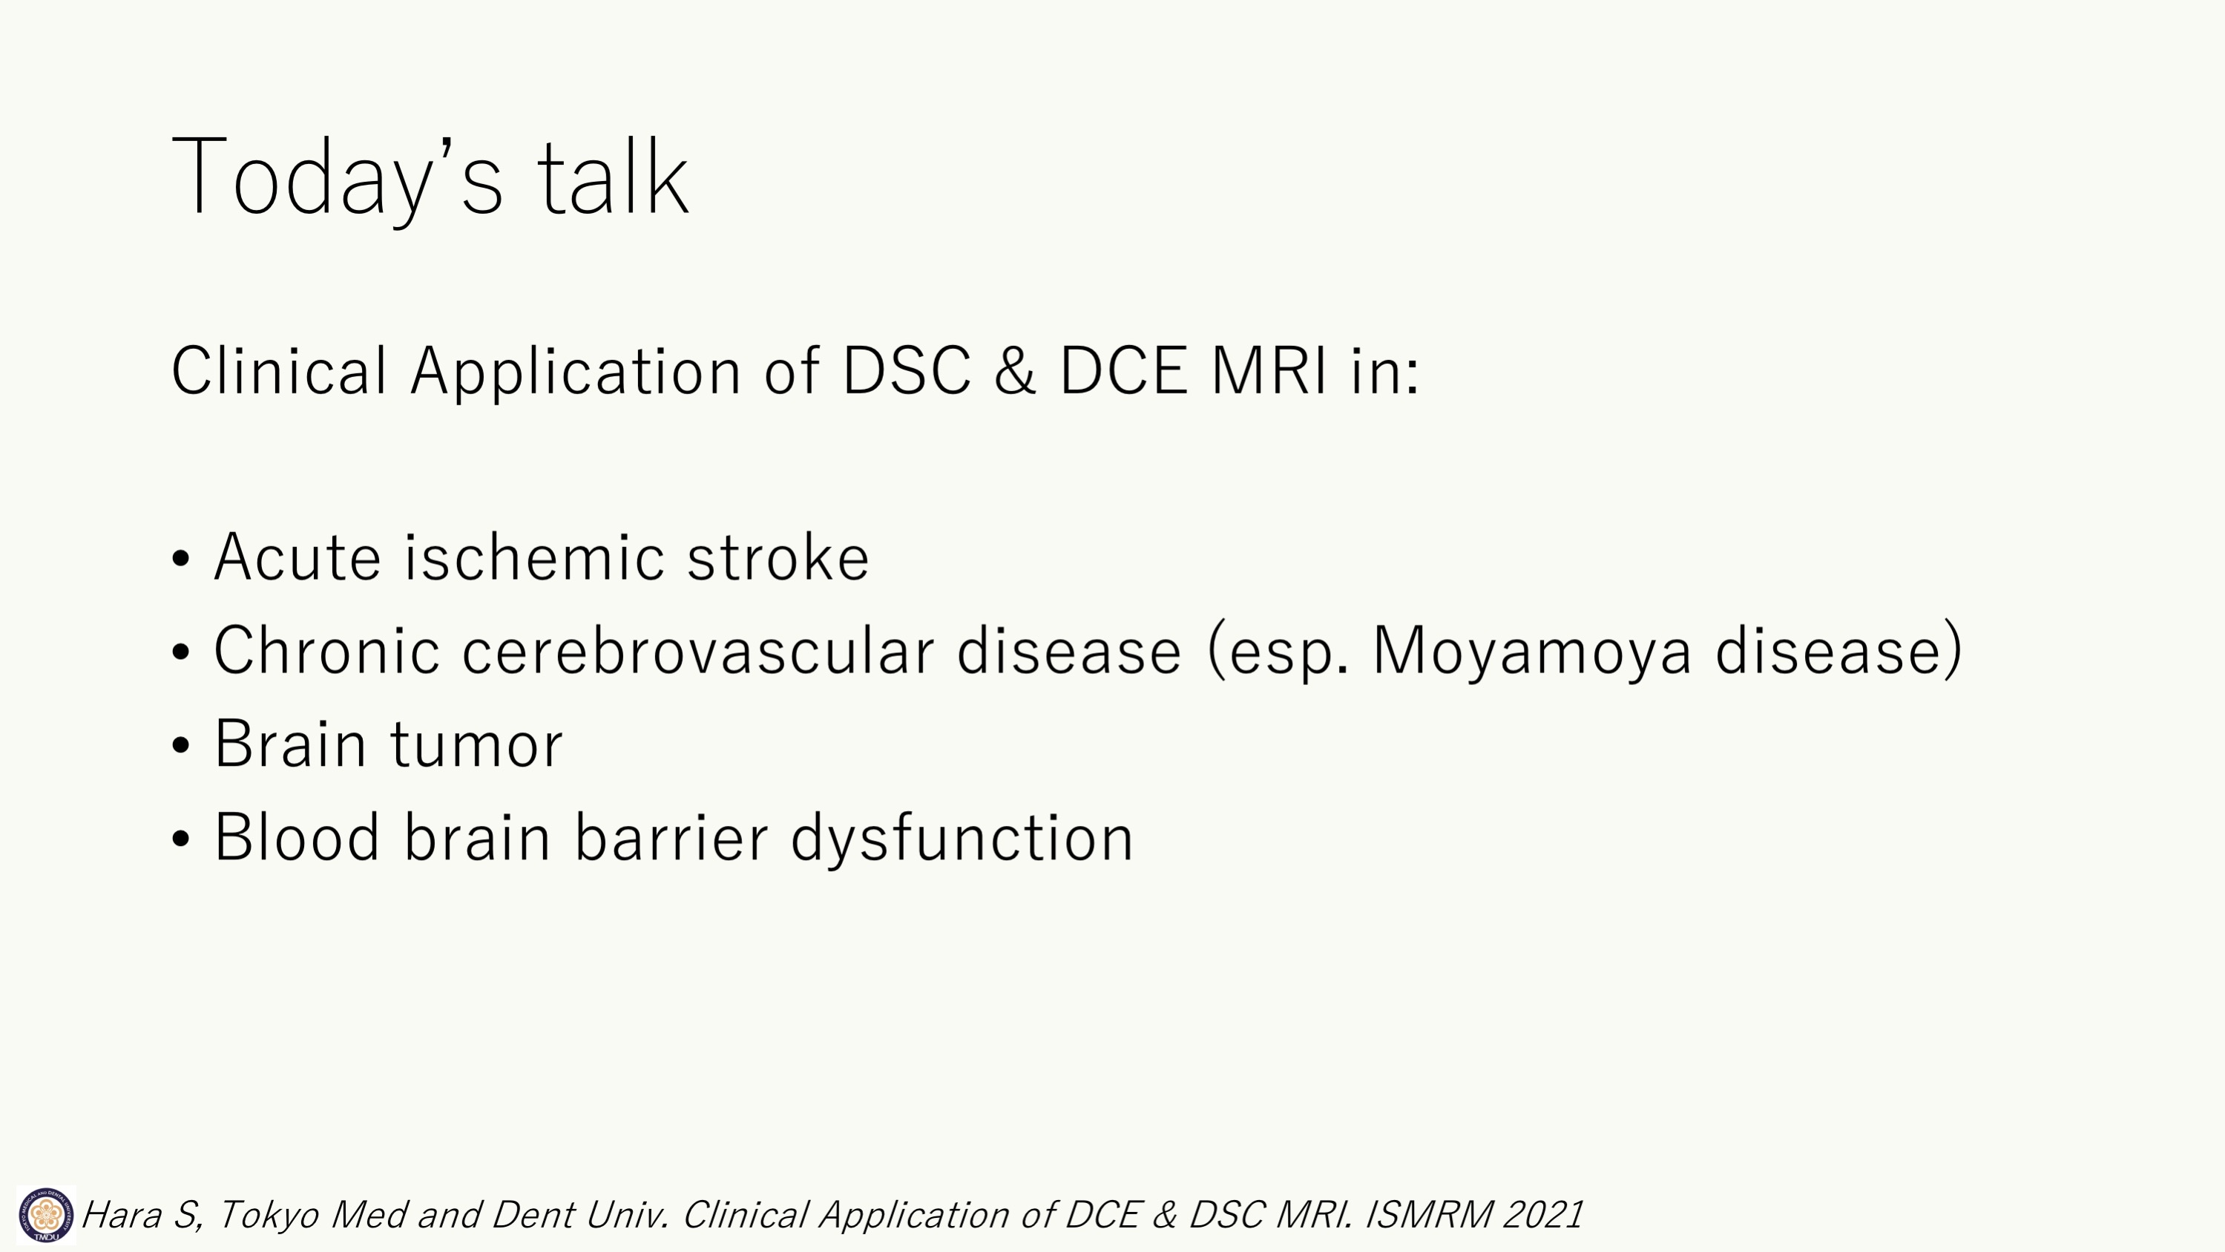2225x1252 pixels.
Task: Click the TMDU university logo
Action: (46, 1215)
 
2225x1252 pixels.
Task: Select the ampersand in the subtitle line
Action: (1015, 370)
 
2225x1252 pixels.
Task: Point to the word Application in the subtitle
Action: (575, 373)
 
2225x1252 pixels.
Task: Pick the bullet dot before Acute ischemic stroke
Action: (180, 558)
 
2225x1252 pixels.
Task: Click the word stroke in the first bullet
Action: (778, 557)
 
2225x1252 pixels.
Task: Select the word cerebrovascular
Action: (698, 650)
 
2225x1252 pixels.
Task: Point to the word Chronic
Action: (327, 650)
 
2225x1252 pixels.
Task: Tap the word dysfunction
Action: (962, 838)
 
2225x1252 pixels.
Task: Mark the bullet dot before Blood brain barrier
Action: (180, 837)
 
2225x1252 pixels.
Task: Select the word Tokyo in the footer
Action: (268, 1216)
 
